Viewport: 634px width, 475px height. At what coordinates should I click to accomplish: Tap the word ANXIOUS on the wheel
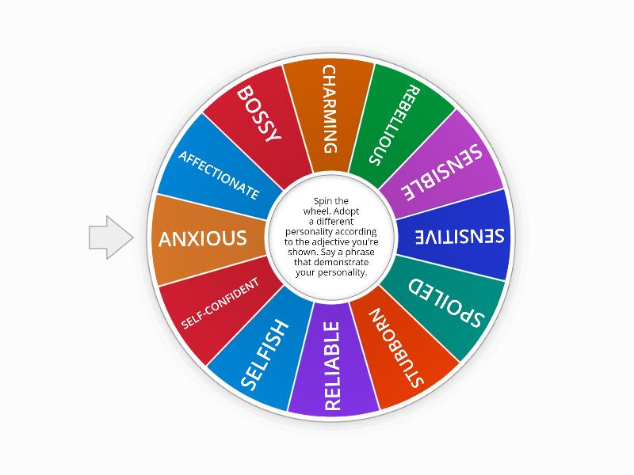pos(203,238)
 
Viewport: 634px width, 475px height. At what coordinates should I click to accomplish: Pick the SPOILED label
pos(444,301)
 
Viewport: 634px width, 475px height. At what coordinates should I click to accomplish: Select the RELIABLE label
pos(332,365)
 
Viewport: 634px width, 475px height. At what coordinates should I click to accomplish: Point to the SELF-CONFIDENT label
pos(220,303)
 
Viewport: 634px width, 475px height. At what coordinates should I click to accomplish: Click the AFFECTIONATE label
pos(219,173)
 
